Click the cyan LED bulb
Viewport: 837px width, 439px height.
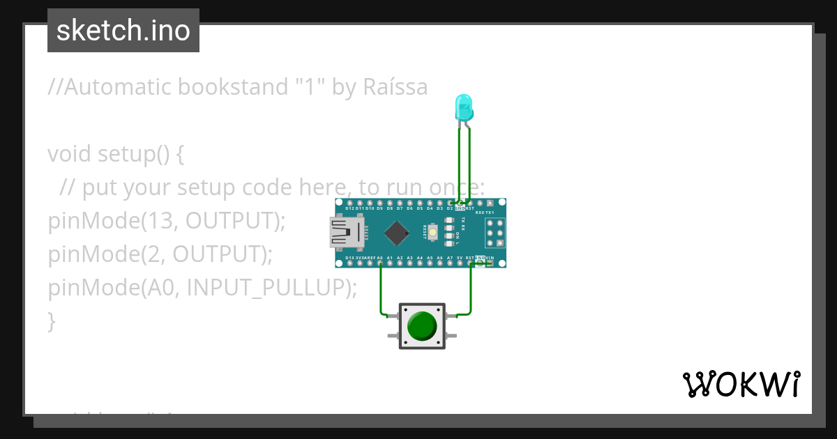tap(463, 107)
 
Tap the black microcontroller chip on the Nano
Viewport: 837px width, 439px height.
tap(396, 233)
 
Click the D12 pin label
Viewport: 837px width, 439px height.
tap(349, 208)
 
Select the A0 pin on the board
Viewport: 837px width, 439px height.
tap(380, 263)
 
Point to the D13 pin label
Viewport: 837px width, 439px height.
tap(349, 258)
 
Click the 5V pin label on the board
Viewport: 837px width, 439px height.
tap(460, 258)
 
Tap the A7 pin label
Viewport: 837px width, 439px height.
tap(450, 258)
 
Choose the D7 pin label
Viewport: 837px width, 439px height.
tap(400, 208)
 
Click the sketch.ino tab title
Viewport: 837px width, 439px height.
tap(123, 31)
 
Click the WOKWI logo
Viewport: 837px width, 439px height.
tap(741, 384)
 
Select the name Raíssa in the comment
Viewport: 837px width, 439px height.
tap(395, 87)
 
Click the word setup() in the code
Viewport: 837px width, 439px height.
tap(130, 154)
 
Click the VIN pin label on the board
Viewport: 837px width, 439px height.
tap(490, 258)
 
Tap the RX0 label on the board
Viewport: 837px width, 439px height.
tap(479, 212)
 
